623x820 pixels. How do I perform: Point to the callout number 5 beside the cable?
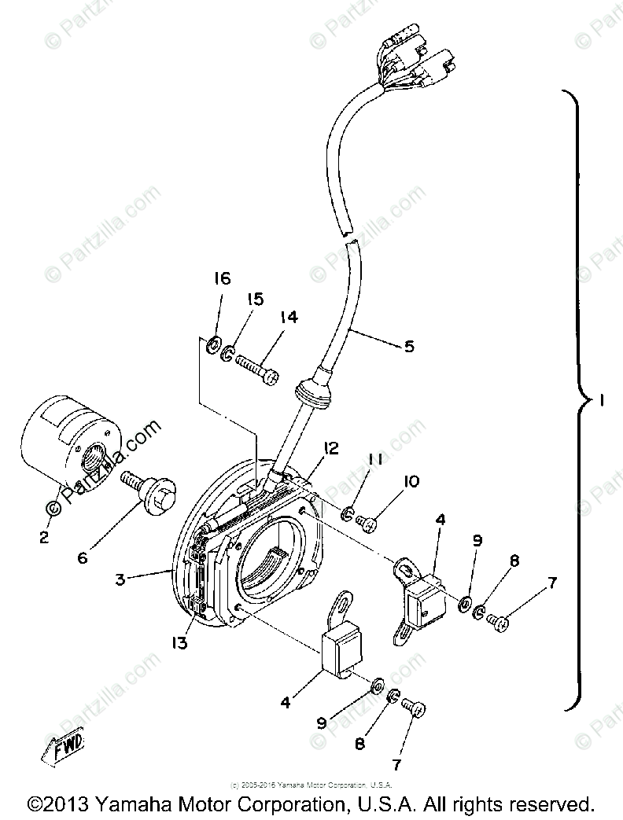pyautogui.click(x=409, y=346)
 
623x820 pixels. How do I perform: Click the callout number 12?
pyautogui.click(x=330, y=448)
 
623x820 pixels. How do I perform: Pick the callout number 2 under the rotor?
pyautogui.click(x=43, y=538)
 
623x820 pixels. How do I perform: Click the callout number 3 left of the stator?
pyautogui.click(x=120, y=579)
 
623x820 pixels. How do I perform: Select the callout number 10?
pyautogui.click(x=411, y=481)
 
